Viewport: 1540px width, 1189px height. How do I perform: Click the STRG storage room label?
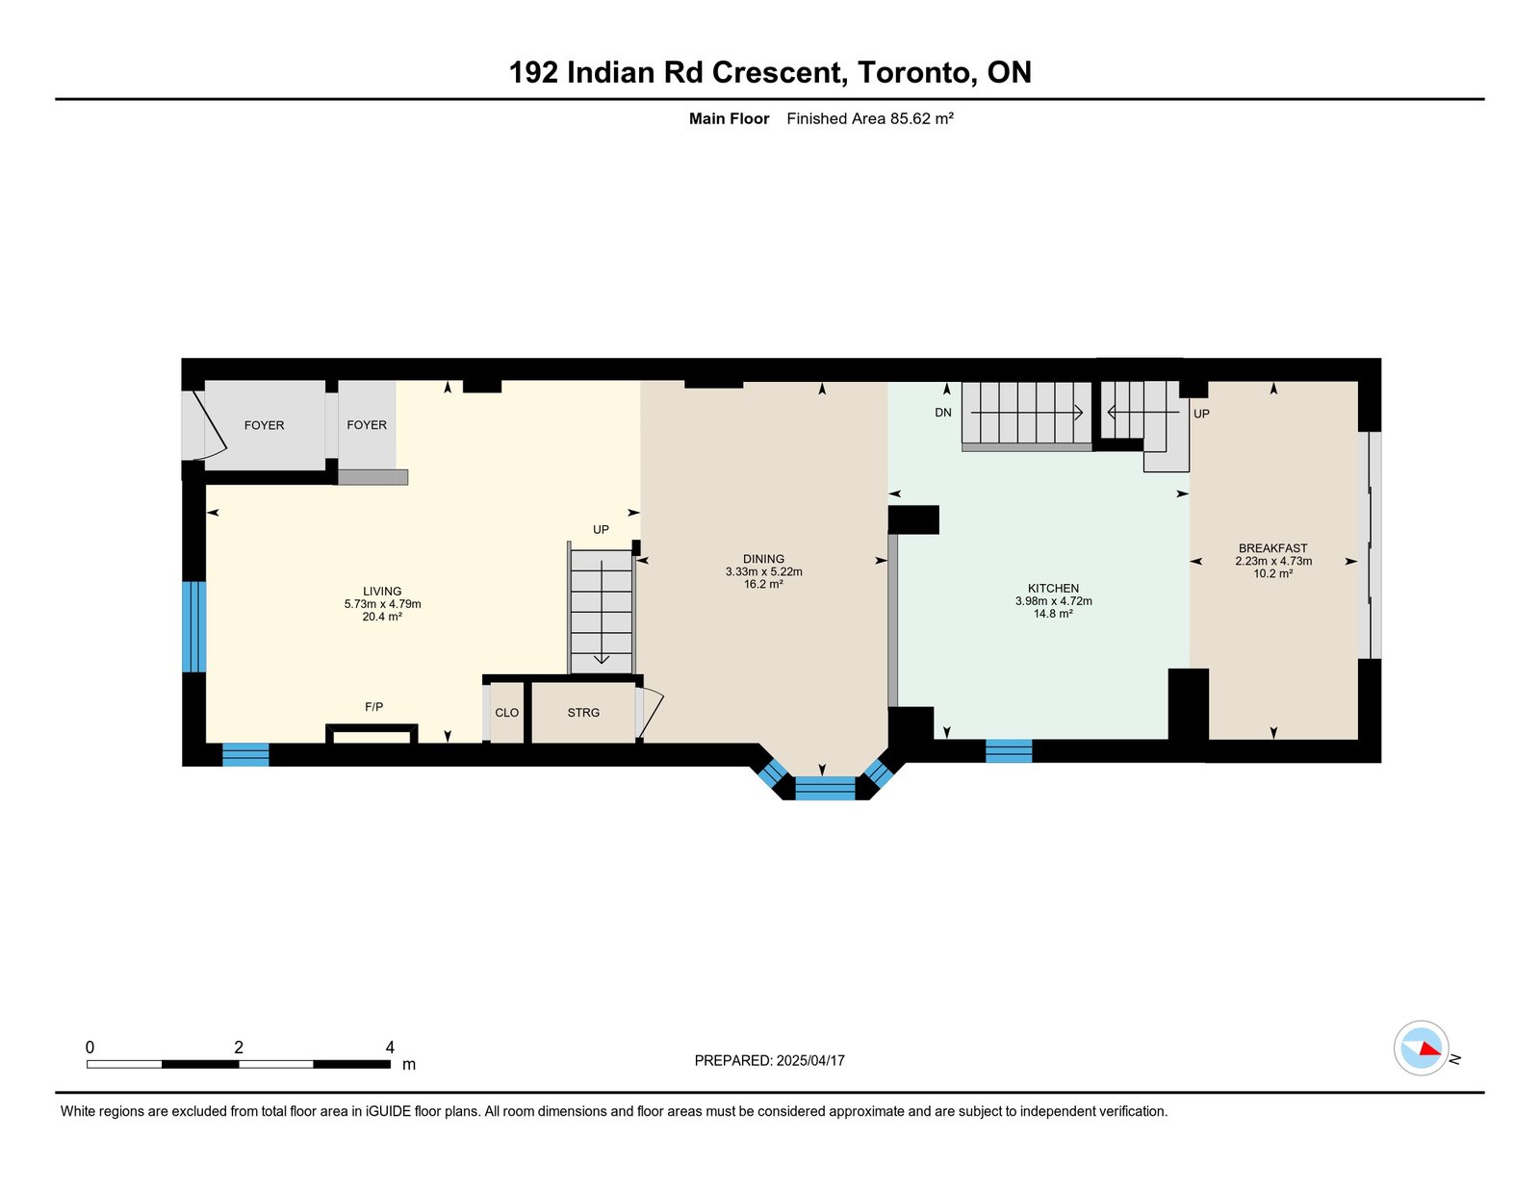(x=583, y=713)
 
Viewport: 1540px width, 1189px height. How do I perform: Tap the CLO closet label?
(x=506, y=713)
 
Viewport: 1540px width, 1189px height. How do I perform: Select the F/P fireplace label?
(x=374, y=707)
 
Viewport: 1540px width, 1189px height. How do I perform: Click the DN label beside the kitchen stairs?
(x=942, y=412)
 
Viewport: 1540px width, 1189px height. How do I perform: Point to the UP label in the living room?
(x=601, y=530)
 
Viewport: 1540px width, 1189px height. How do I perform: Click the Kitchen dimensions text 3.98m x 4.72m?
(x=1053, y=601)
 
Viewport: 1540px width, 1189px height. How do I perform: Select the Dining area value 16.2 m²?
(x=763, y=584)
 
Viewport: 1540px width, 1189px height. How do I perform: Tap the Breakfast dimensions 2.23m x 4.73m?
(x=1273, y=561)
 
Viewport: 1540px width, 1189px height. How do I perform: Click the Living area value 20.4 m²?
(x=382, y=617)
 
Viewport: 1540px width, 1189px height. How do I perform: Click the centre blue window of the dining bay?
(x=825, y=788)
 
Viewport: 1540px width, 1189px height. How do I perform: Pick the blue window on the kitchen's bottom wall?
(x=1009, y=750)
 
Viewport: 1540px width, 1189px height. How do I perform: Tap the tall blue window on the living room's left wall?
(x=194, y=626)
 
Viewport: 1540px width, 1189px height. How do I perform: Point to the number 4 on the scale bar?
(x=390, y=1048)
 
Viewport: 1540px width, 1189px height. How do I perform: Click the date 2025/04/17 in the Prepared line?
(x=810, y=1061)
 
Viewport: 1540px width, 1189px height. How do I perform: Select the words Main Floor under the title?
(x=729, y=119)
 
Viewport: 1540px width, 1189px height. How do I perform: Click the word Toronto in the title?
(x=913, y=72)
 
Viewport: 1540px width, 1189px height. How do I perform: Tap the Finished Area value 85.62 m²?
(x=921, y=119)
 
